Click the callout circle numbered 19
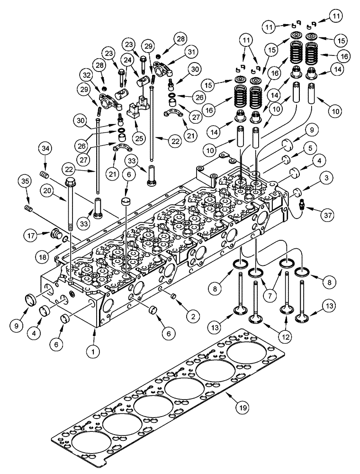click(x=242, y=406)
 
